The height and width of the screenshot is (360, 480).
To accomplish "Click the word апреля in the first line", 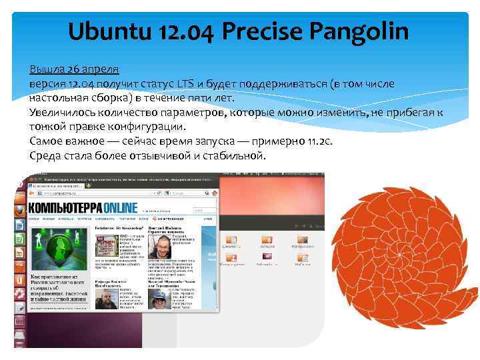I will (101, 69).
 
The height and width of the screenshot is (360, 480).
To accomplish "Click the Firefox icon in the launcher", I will (21, 209).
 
